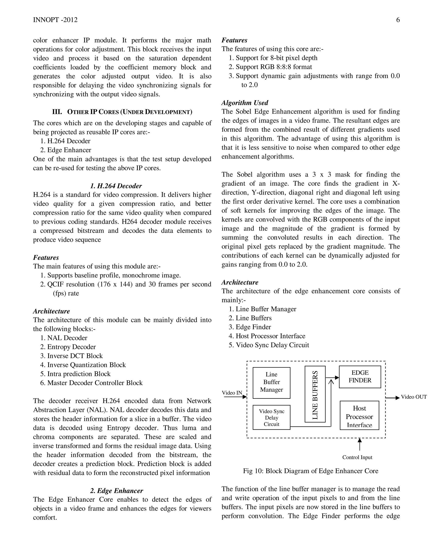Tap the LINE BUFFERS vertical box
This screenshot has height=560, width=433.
(x=315, y=394)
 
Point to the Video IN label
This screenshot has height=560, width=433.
(x=232, y=393)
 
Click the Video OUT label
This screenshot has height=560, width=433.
(x=414, y=397)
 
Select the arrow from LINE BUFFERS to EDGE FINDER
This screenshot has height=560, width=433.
(x=332, y=377)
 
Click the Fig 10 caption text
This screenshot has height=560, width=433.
(x=310, y=471)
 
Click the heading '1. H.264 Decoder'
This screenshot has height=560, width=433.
(x=116, y=186)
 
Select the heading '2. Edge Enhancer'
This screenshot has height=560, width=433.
(x=116, y=491)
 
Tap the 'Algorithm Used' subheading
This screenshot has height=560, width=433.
(x=245, y=103)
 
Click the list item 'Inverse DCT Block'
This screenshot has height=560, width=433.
(x=75, y=356)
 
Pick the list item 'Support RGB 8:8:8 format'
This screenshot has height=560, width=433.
(x=274, y=67)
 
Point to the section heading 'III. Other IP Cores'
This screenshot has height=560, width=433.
(x=122, y=112)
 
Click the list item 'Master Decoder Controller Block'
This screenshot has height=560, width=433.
(x=95, y=383)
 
